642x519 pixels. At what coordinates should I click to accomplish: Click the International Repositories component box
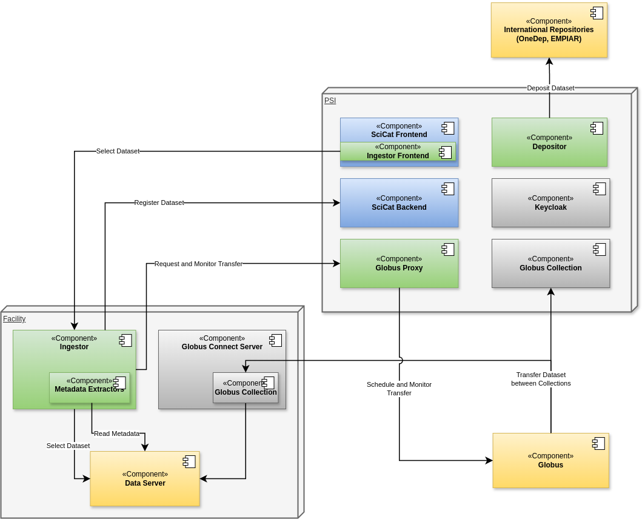pos(549,30)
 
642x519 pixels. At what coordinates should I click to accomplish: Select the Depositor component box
pos(549,142)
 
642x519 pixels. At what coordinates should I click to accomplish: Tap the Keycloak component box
pos(550,203)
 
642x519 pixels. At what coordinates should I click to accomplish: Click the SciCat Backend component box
pos(399,203)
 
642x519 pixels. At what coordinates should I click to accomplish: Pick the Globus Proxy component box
pos(399,264)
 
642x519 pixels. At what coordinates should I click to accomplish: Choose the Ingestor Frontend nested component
pos(398,152)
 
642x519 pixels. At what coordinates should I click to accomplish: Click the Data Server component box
pos(145,479)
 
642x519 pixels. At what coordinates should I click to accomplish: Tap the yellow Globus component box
pos(550,461)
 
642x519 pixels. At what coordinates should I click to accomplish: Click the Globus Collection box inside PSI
pos(550,264)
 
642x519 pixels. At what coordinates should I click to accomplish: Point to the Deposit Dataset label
pos(550,88)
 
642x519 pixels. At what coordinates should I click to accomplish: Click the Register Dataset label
pos(159,203)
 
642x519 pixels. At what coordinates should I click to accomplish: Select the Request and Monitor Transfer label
pos(198,264)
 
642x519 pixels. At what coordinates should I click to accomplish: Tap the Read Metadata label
pos(116,434)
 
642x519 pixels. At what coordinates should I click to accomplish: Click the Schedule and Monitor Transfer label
pos(399,389)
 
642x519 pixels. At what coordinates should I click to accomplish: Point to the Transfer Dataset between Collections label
pos(541,379)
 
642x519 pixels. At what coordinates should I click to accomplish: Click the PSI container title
pos(330,101)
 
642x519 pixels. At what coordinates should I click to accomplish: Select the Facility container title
pos(14,319)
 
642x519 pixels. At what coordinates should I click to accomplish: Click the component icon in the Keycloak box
pos(600,189)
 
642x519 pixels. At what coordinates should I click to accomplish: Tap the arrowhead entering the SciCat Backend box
pos(336,203)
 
